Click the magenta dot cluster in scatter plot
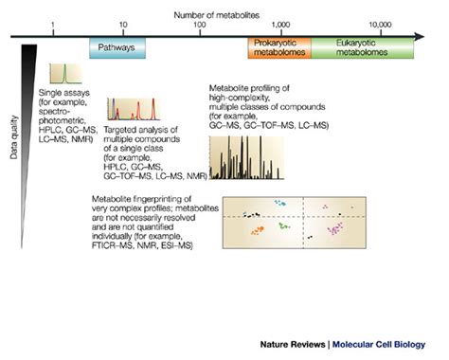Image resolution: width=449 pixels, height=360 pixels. click(x=336, y=228)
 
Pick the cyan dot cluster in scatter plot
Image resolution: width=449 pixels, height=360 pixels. click(x=280, y=203)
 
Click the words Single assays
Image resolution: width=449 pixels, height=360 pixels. click(x=63, y=94)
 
